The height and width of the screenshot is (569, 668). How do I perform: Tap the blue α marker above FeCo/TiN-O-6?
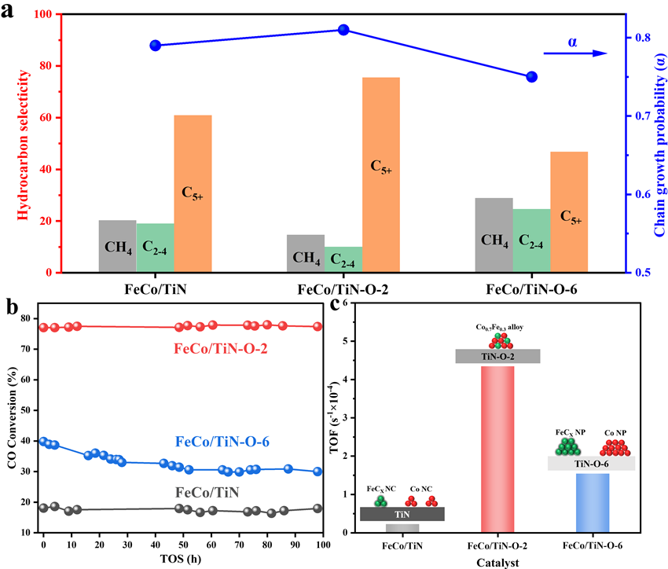click(531, 76)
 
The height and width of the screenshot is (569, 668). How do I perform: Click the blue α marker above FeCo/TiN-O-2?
click(343, 30)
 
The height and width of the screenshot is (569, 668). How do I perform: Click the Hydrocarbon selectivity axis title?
click(23, 144)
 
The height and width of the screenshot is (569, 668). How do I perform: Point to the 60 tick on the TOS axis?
click(211, 543)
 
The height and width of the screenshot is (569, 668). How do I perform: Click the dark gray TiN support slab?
click(402, 514)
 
